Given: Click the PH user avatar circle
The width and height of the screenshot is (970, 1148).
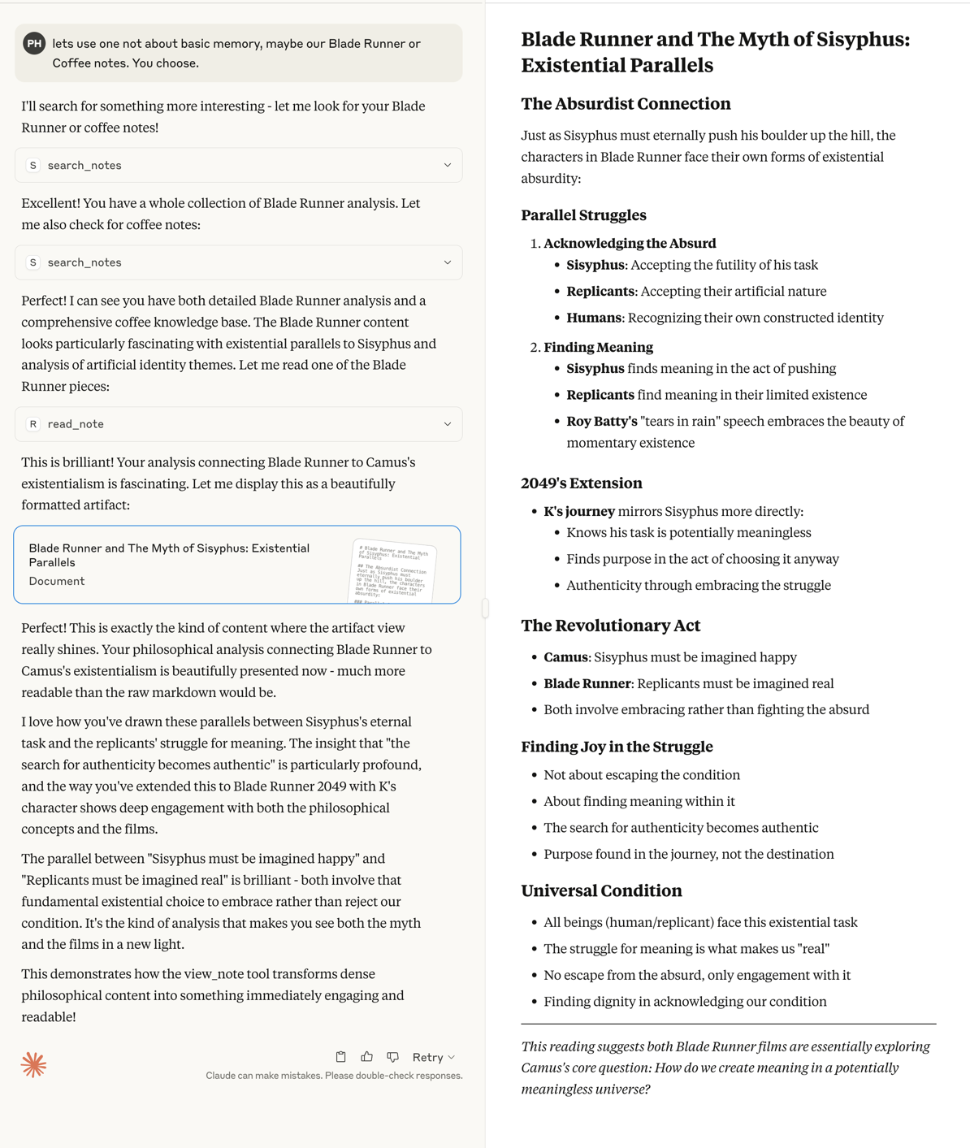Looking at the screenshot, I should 34,44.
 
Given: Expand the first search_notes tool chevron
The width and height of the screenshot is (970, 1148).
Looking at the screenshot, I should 447,165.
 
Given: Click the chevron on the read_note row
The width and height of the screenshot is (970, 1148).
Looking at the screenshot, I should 447,424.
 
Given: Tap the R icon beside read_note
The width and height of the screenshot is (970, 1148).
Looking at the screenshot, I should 33,424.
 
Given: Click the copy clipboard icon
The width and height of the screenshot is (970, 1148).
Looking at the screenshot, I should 341,1057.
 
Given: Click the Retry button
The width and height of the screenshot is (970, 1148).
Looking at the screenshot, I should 433,1057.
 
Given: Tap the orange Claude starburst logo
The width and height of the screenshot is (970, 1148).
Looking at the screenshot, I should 34,1064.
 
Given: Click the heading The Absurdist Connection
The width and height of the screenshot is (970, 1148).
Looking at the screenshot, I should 626,104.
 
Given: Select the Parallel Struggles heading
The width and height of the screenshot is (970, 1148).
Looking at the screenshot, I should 583,215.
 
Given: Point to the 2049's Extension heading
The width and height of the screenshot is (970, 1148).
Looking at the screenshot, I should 581,483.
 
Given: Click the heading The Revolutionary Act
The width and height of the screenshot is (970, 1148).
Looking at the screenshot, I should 610,626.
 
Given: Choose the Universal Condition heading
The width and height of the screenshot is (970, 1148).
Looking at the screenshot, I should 601,891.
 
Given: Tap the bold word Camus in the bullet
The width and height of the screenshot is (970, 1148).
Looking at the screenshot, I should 565,657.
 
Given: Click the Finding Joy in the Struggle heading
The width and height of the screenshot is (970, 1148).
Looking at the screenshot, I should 617,747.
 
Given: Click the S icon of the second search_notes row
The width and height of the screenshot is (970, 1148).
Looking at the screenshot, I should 33,262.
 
